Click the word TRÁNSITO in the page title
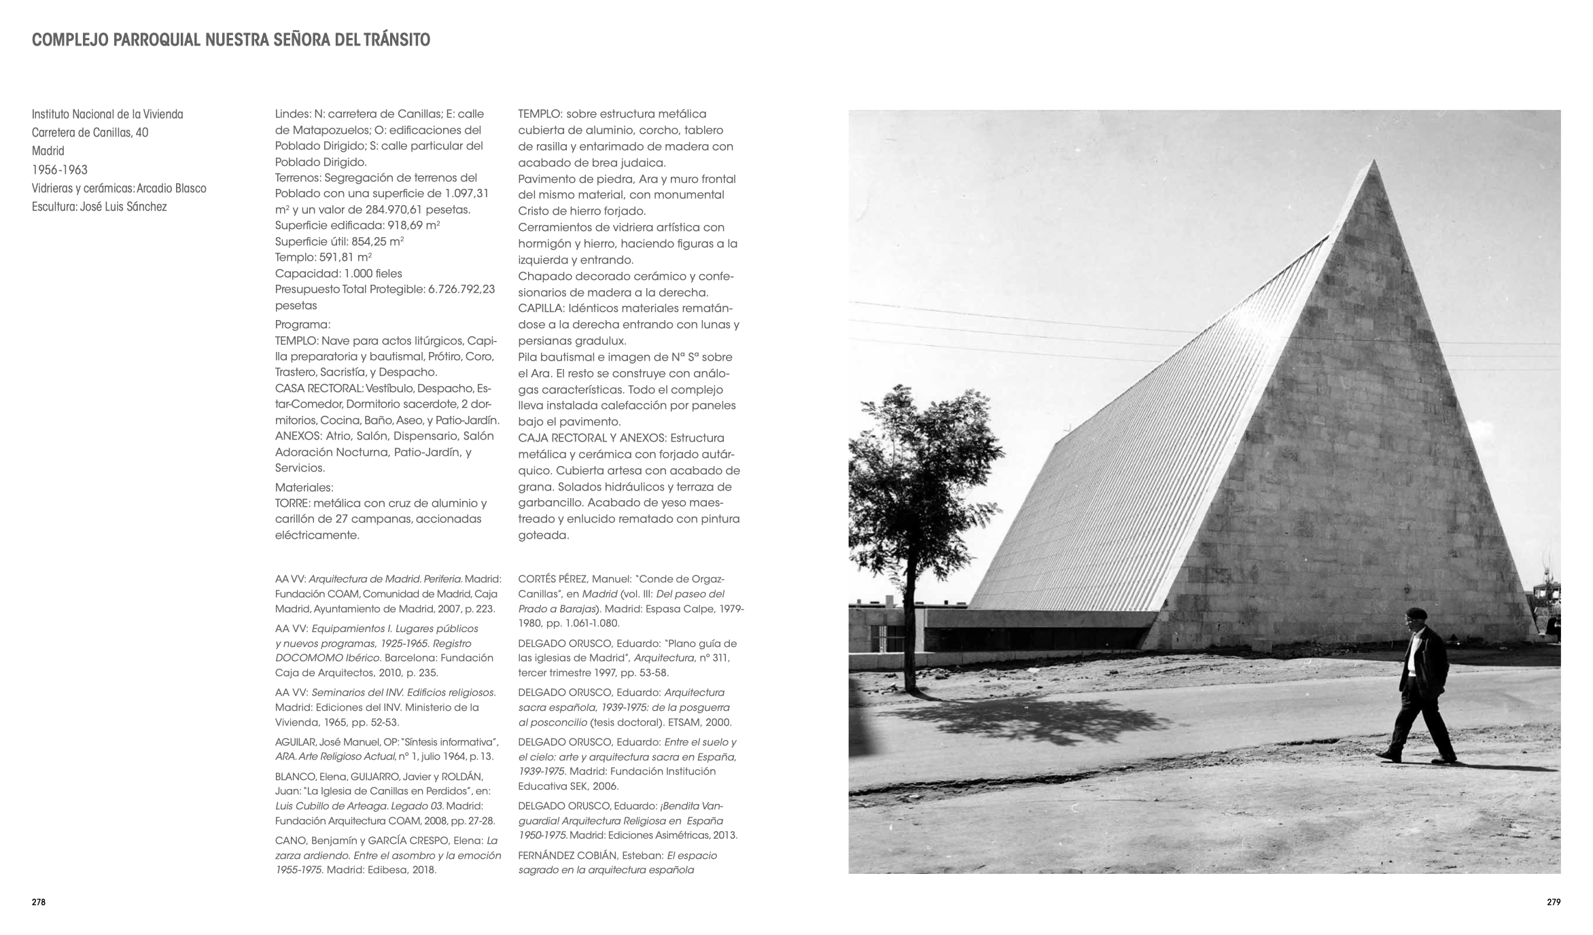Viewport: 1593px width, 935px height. click(x=396, y=40)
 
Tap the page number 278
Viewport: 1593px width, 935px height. click(x=39, y=902)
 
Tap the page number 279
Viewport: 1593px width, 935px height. click(x=1554, y=902)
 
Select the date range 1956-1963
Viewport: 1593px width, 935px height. click(x=60, y=170)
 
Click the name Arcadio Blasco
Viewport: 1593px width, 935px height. click(x=171, y=188)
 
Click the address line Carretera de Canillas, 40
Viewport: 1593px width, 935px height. click(x=90, y=133)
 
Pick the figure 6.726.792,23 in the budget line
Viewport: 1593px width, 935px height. click(x=461, y=289)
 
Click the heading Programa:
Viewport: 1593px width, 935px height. click(x=302, y=325)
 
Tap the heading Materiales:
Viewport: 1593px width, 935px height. click(x=304, y=487)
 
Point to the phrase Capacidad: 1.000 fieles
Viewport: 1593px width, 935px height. click(x=338, y=273)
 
